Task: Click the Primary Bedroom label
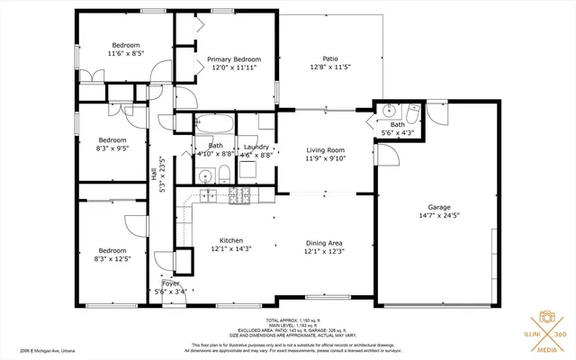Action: click(220, 58)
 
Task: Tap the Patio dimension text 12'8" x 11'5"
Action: click(329, 67)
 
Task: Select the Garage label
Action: click(439, 206)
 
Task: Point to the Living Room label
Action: click(324, 149)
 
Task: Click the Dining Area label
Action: click(324, 241)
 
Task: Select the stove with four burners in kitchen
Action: click(239, 195)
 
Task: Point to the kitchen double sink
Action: click(206, 193)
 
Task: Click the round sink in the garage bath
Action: click(389, 112)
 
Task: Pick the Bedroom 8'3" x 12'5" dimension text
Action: click(112, 259)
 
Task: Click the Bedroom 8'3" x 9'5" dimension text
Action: click(112, 149)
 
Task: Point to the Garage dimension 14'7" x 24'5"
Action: click(439, 216)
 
